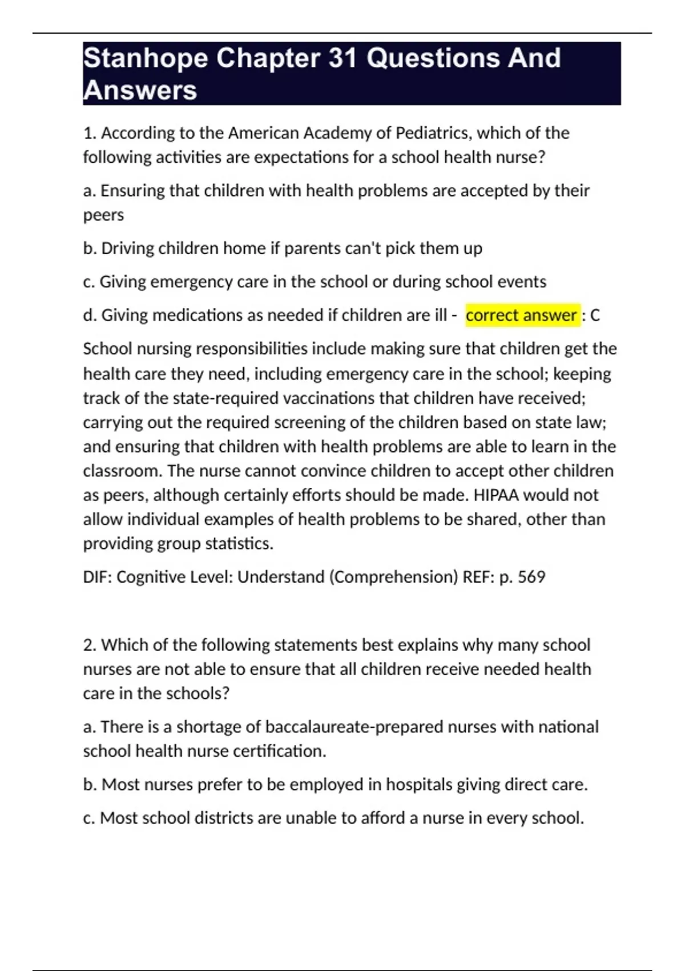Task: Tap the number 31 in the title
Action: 342,58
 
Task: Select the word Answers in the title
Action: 140,90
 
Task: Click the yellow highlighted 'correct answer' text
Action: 521,315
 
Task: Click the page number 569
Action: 531,577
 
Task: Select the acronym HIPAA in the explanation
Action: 496,495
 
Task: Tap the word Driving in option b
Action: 127,248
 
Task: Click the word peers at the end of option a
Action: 103,215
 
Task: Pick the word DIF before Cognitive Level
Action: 97,577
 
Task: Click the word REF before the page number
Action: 477,577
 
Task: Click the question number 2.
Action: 88,645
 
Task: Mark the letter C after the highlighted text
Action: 595,315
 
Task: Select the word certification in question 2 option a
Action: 278,751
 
